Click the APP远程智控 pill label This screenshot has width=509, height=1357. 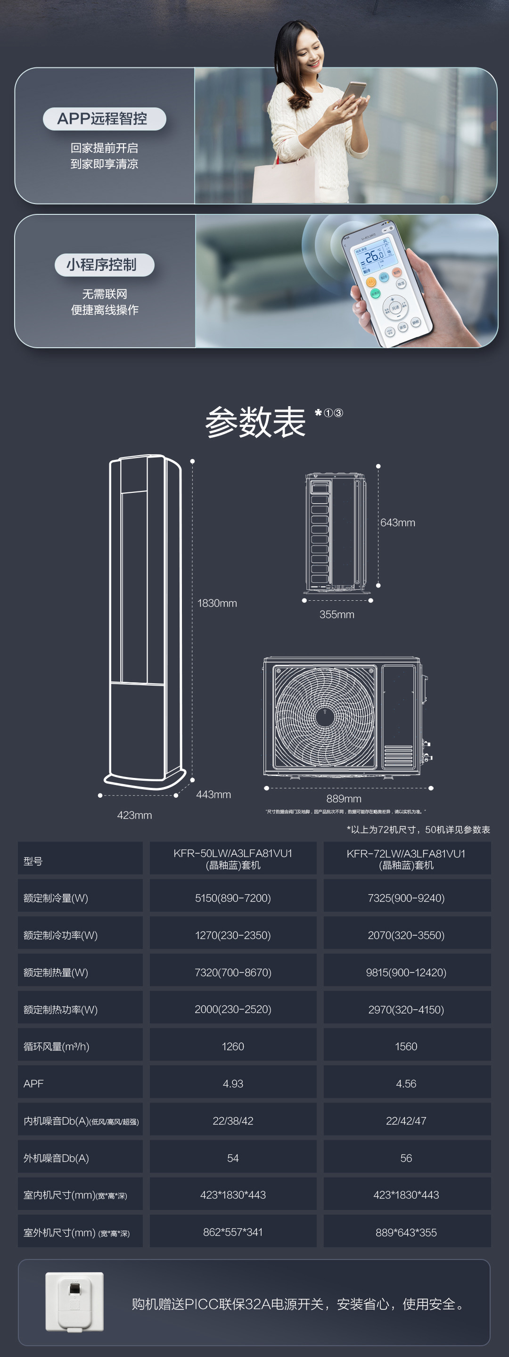point(104,119)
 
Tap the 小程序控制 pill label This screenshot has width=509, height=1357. point(104,264)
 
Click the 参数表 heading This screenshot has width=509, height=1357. point(255,422)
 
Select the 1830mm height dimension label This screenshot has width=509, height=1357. point(217,603)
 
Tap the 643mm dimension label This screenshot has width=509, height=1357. point(398,523)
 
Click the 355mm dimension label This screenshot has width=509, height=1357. point(337,614)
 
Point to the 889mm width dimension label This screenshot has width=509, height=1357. point(344,799)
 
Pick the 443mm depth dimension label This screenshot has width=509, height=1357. point(213,794)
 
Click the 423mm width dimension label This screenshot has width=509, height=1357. point(134,815)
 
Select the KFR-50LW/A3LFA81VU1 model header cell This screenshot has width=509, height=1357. point(233,858)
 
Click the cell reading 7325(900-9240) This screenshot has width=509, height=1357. point(406,898)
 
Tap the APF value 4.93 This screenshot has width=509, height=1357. point(233,1084)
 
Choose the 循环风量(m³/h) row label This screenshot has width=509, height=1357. point(57,1046)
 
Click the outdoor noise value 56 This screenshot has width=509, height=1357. point(406,1158)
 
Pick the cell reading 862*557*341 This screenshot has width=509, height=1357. point(233,1232)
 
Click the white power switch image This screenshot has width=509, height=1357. point(74,1300)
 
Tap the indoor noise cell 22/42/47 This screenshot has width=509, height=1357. point(406,1120)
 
